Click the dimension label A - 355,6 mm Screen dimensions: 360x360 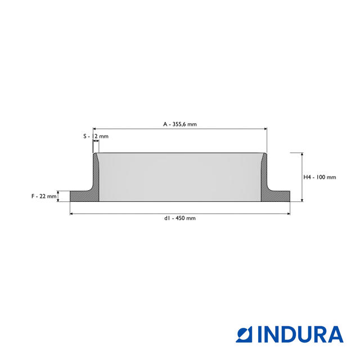point(180,124)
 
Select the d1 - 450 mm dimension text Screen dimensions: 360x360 point(180,218)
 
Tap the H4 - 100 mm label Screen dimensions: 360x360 point(319,177)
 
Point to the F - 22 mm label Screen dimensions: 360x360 point(44,196)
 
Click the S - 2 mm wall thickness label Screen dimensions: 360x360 point(96,137)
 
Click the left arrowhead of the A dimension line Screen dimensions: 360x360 point(94,129)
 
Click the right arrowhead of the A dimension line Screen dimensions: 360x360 point(265,129)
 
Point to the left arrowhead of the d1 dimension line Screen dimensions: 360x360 point(71,214)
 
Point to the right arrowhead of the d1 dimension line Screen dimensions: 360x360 point(288,214)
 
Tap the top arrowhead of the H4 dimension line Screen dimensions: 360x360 point(302,155)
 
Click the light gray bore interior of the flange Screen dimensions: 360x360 point(180,177)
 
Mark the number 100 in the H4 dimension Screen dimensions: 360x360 point(321,177)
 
